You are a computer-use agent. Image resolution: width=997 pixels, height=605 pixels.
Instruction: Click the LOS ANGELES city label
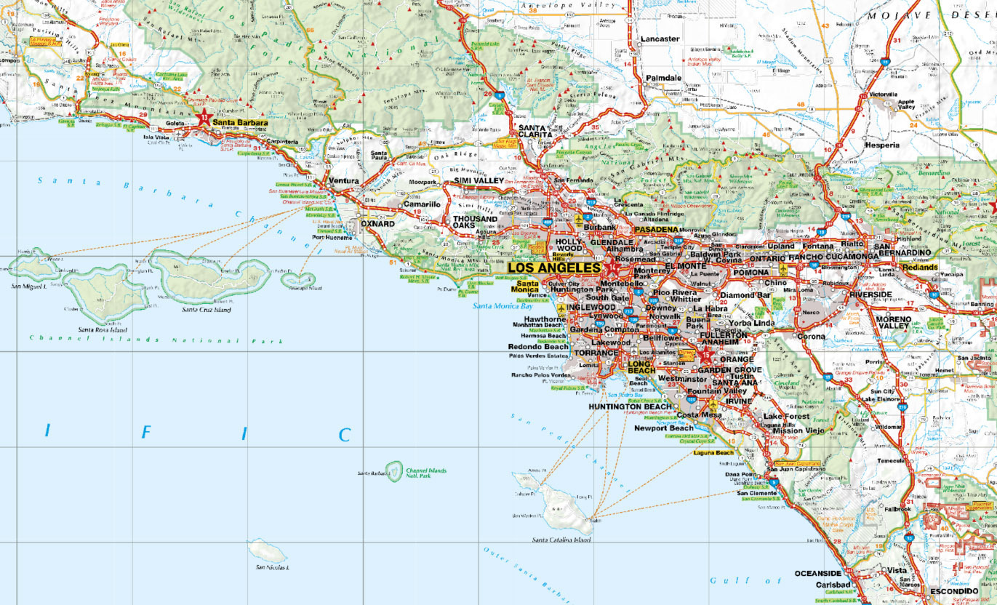point(554,268)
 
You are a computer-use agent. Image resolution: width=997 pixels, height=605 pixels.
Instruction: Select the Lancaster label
point(660,39)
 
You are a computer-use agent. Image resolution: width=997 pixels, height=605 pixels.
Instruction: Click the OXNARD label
point(377,224)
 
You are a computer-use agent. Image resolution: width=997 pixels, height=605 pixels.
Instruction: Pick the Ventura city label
point(344,181)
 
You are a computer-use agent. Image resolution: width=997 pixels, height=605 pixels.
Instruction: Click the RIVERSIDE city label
point(873,295)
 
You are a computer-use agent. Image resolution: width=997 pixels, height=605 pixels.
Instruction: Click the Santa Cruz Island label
point(206,310)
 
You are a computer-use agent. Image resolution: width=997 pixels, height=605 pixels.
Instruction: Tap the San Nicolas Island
point(268,550)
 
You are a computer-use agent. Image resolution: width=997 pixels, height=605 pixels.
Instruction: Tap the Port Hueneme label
point(332,237)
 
